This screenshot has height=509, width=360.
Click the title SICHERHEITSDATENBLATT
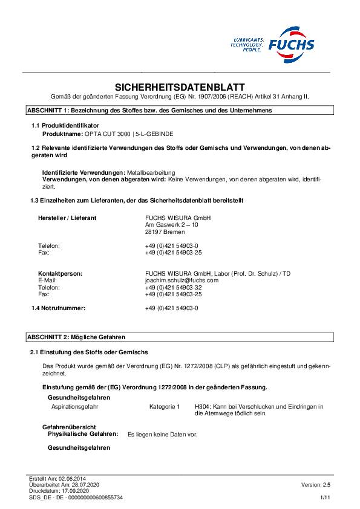pyautogui.click(x=180, y=87)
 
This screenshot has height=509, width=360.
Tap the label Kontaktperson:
pyautogui.click(x=60, y=274)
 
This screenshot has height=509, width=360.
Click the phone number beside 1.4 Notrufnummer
pyautogui.click(x=171, y=308)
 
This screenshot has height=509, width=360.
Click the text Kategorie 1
pyautogui.click(x=165, y=407)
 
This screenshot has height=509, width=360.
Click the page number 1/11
pyautogui.click(x=325, y=497)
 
